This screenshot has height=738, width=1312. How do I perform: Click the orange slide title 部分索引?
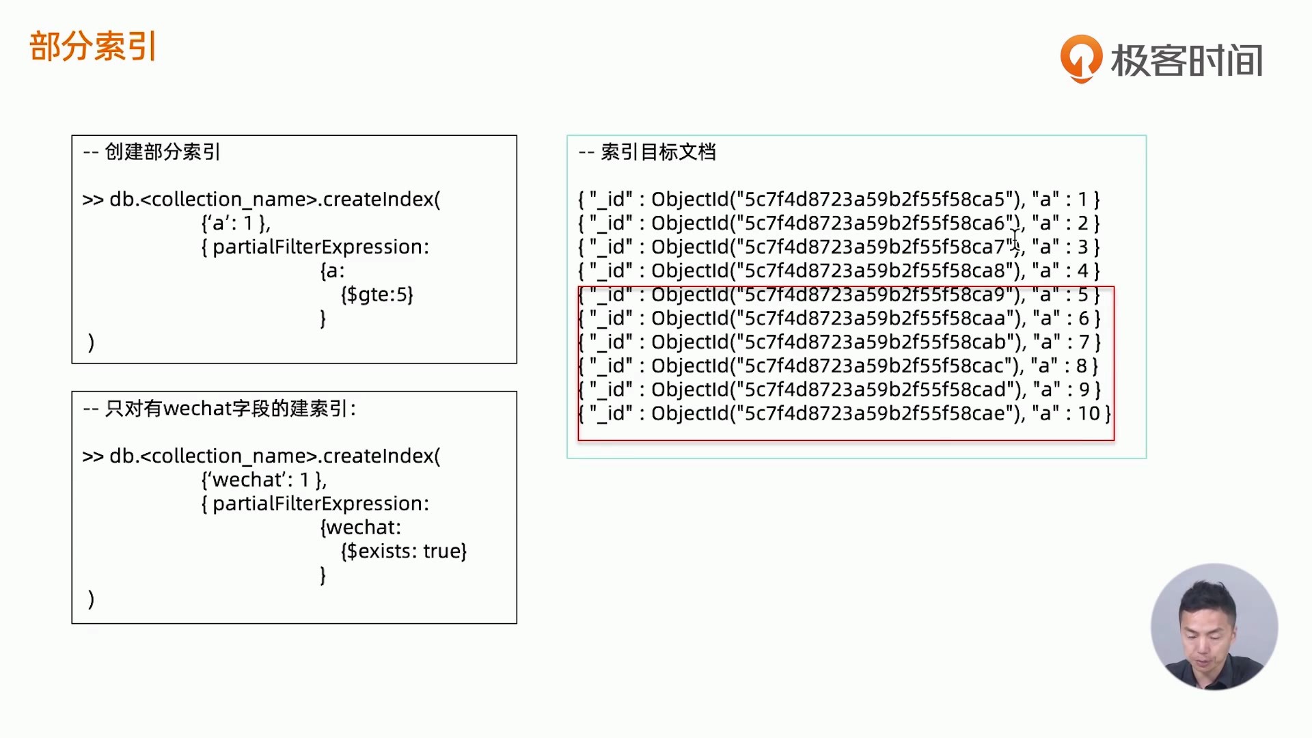point(93,46)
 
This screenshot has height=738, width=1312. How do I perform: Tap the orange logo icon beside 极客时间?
point(1080,59)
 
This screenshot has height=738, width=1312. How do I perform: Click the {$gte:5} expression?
point(377,295)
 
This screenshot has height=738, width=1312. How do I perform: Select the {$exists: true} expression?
point(403,551)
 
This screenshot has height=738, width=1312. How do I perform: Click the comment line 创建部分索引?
point(162,152)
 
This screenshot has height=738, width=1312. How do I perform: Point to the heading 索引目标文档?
point(657,152)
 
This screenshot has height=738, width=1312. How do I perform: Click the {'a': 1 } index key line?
point(236,223)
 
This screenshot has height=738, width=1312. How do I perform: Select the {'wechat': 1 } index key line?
point(264,480)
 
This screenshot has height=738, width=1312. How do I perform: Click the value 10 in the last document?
point(1089,413)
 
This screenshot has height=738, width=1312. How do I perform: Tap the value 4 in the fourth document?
point(1083,271)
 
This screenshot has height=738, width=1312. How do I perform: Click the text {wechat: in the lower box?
point(361,528)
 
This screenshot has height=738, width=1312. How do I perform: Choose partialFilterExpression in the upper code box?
point(320,247)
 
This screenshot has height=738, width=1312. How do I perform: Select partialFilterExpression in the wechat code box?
point(320,504)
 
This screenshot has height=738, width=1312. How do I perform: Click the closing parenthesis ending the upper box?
point(91,342)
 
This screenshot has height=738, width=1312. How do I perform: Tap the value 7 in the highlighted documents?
point(1084,342)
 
